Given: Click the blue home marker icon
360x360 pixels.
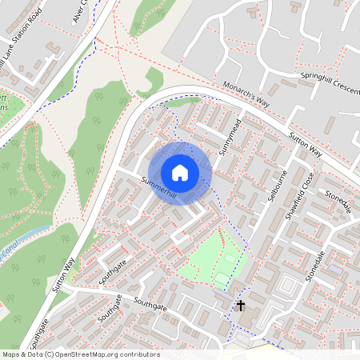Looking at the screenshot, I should click(x=180, y=172).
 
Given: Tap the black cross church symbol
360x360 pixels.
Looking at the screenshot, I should click(x=240, y=305).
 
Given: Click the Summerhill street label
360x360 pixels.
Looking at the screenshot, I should click(x=158, y=186).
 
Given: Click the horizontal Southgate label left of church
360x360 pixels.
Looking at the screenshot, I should click(x=151, y=306).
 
